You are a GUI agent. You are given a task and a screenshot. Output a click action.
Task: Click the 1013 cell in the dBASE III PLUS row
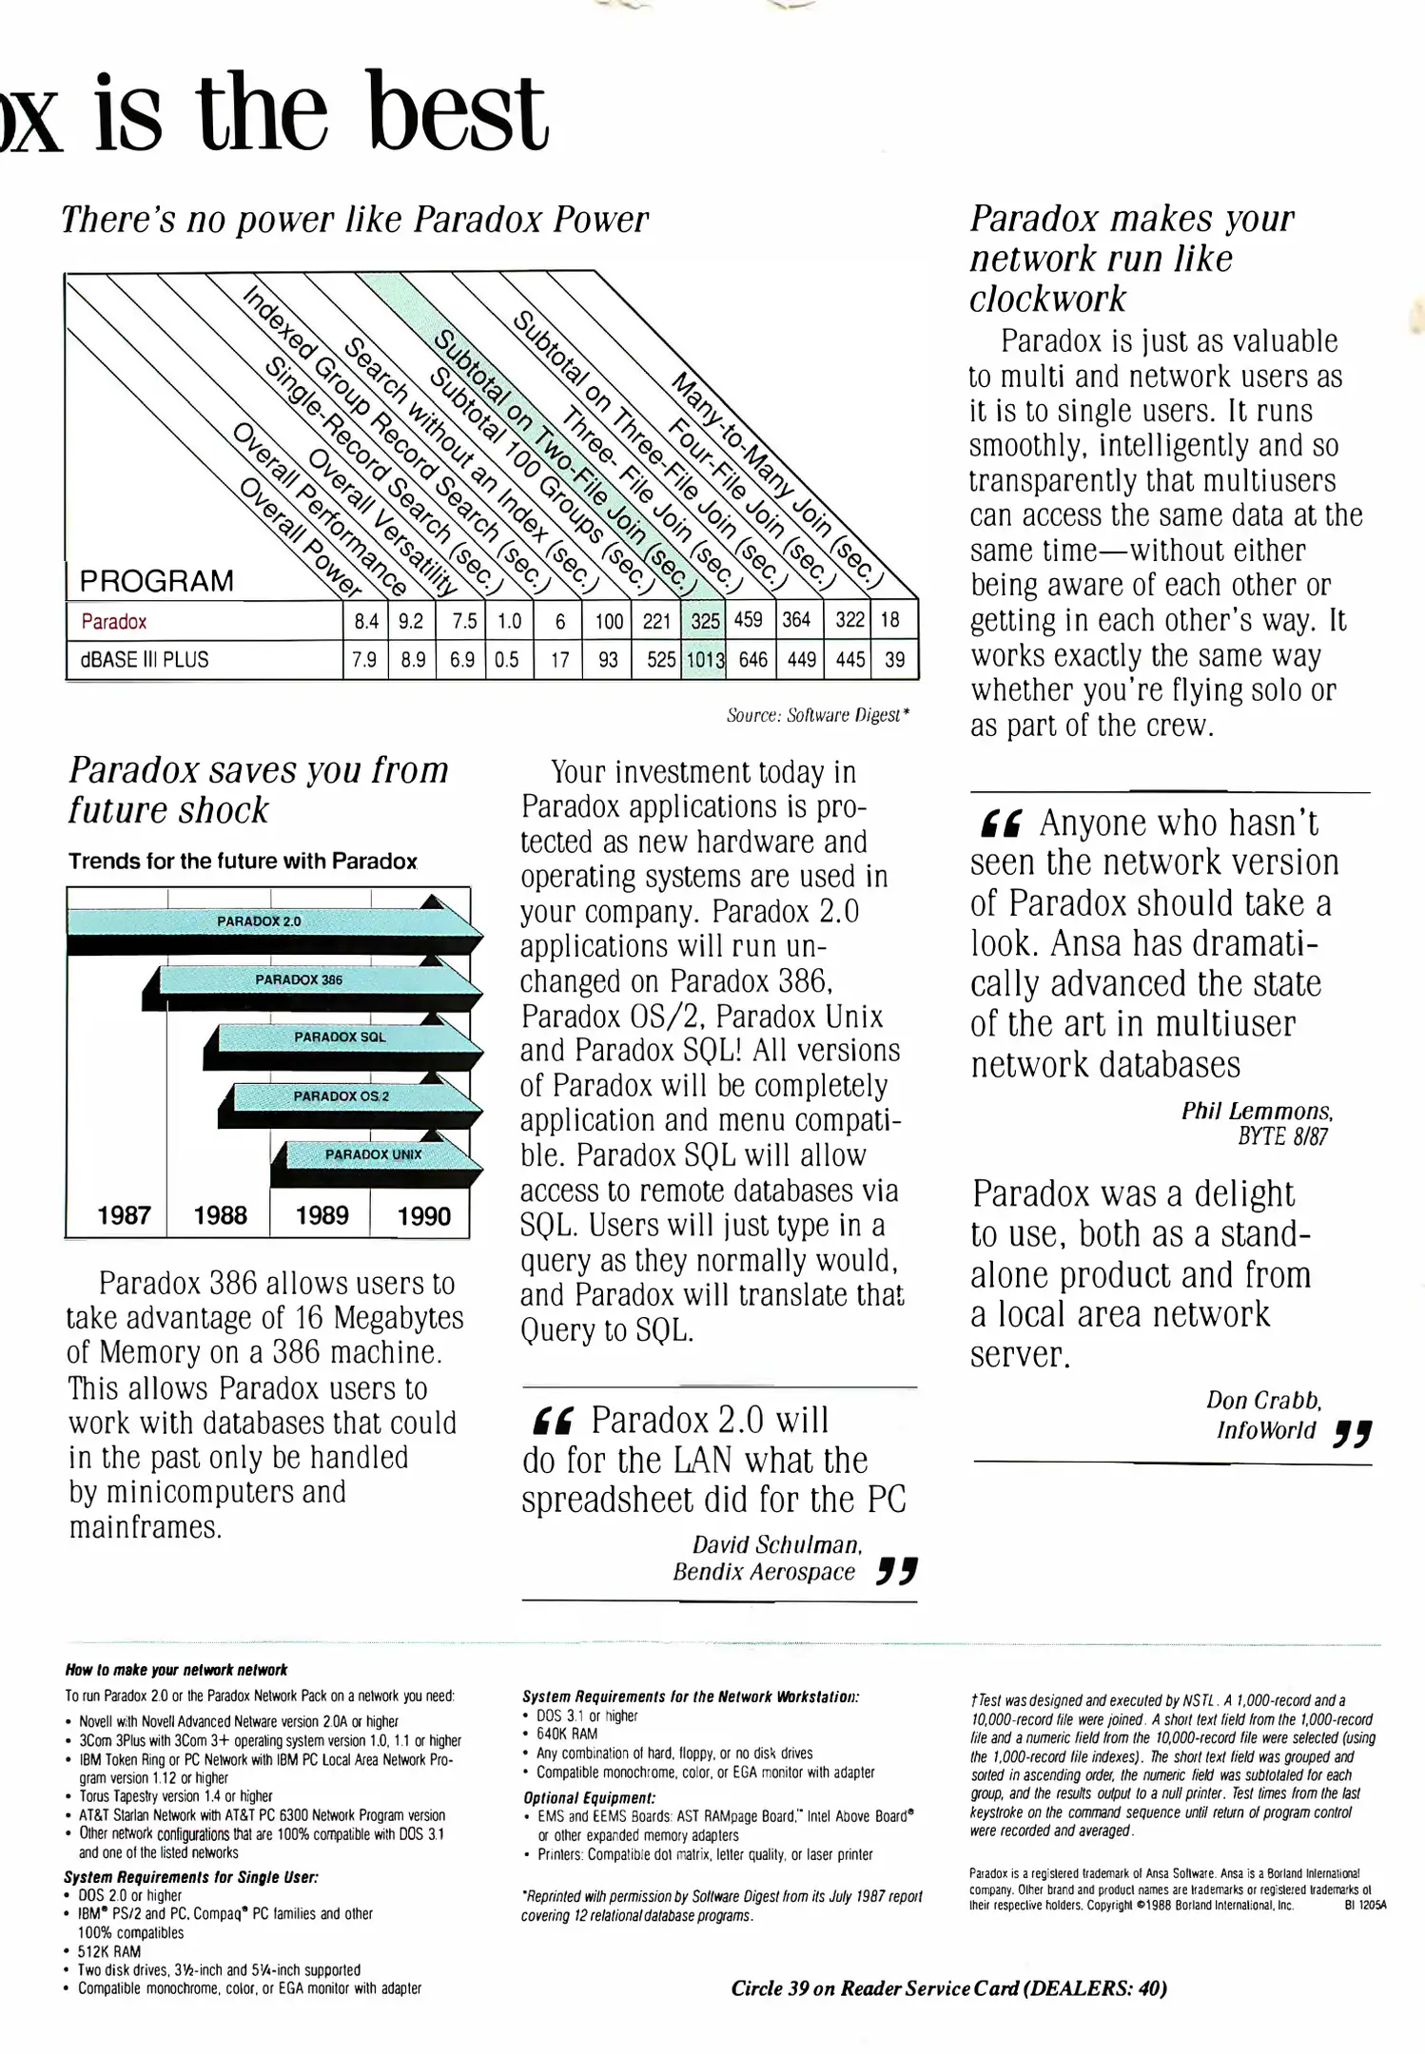[705, 659]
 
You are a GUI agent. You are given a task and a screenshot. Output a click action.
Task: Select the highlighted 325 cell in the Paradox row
[705, 621]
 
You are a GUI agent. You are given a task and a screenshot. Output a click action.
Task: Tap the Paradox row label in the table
[114, 622]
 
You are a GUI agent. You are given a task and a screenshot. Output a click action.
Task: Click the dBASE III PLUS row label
[145, 659]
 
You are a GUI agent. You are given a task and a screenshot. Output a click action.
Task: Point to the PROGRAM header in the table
[156, 580]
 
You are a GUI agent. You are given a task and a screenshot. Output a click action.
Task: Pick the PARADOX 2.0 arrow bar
[259, 921]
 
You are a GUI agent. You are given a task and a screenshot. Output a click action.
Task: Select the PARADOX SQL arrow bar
[340, 1037]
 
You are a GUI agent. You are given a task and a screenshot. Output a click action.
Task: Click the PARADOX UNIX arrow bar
[373, 1154]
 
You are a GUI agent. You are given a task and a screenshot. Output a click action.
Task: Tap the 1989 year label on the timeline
[322, 1215]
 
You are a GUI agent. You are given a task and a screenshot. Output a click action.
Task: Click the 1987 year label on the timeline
[124, 1215]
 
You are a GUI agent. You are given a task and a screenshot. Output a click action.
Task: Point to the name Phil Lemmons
[1256, 1111]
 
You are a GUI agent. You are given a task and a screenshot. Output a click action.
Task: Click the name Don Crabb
[1263, 1400]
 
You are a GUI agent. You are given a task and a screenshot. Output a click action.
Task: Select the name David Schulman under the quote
[776, 1544]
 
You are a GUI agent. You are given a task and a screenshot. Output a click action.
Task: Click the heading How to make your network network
[176, 1670]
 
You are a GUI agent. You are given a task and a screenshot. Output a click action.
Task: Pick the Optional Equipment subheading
[589, 1798]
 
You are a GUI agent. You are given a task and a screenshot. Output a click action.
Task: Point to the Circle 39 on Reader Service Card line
[948, 1987]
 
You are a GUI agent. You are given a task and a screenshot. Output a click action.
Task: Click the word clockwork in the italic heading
[1047, 299]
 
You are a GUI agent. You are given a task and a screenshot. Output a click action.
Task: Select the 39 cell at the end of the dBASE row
[894, 659]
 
